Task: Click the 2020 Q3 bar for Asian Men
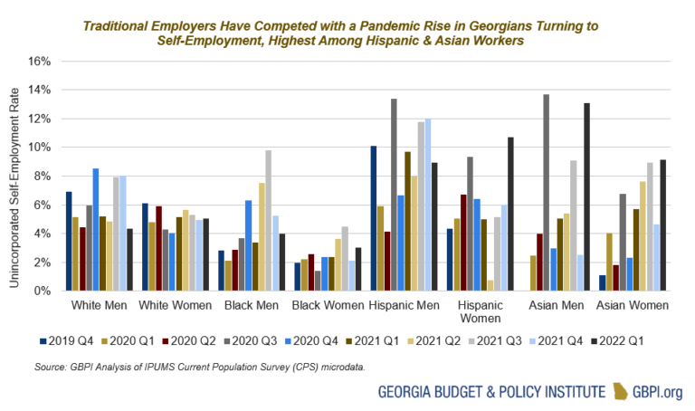[x=545, y=193]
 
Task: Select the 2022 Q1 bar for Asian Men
[x=586, y=197]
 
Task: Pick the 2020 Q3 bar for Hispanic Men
[x=394, y=195]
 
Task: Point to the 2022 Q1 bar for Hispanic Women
[x=510, y=215]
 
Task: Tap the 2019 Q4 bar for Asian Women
[x=601, y=283]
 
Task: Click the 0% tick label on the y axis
[x=44, y=292]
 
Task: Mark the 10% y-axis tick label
[x=42, y=148]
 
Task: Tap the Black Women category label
[x=323, y=306]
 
